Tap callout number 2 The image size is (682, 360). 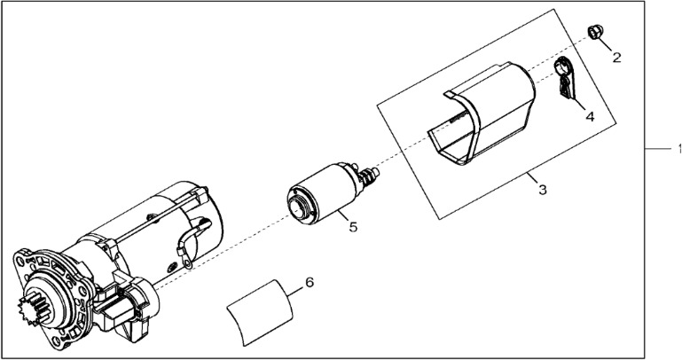616,58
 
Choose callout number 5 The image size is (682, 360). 352,227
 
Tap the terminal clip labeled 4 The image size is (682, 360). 565,77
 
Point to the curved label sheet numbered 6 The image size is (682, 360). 262,311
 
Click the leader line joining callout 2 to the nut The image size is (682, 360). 608,45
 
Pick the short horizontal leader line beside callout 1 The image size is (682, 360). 657,150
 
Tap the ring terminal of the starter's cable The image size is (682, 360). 189,261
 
